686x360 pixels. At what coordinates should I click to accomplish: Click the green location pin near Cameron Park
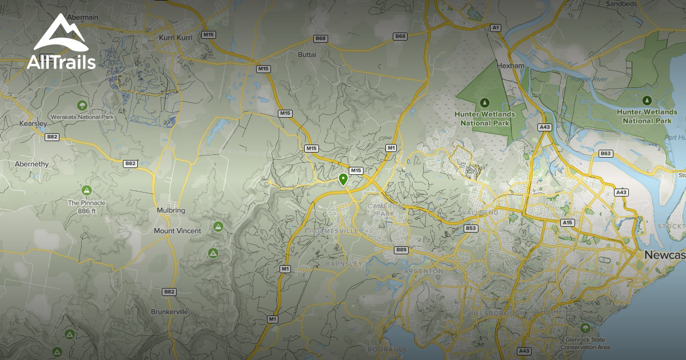pos(343,179)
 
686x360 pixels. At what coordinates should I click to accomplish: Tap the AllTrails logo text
pos(61,62)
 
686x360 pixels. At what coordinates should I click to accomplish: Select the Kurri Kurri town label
pos(177,38)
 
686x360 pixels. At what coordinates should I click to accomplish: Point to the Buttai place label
pos(307,55)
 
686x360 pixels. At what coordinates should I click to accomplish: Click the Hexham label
pos(510,66)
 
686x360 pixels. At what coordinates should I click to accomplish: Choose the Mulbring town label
pos(171,210)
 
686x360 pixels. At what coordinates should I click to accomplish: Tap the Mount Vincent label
pos(177,231)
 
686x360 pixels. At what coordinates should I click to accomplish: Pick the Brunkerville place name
pos(169,312)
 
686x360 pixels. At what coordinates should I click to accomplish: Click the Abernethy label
pos(32,164)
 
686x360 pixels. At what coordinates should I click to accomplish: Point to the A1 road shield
pos(496,27)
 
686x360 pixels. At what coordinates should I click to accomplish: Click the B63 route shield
pos(605,154)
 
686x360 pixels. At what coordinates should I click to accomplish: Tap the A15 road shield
pos(567,222)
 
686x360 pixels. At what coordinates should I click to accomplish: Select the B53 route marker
pos(470,229)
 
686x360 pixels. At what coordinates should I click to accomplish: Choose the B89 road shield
pos(401,250)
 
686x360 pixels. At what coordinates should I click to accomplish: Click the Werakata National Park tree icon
pos(82,105)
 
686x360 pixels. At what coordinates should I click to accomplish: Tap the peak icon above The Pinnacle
pos(87,190)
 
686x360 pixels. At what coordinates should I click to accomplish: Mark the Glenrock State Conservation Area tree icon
pos(584,328)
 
